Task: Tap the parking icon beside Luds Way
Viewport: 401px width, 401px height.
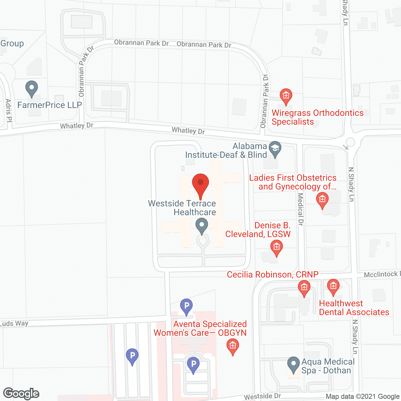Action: pos(186,306)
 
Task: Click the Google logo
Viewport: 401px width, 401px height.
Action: pos(21,393)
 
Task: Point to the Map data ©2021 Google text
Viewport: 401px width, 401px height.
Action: pos(363,397)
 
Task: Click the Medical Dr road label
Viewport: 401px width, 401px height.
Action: pos(300,209)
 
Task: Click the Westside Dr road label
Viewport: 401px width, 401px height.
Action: pos(263,397)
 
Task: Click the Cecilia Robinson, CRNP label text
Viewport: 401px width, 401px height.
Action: pos(273,275)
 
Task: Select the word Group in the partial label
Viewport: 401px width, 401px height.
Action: pos(12,44)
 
